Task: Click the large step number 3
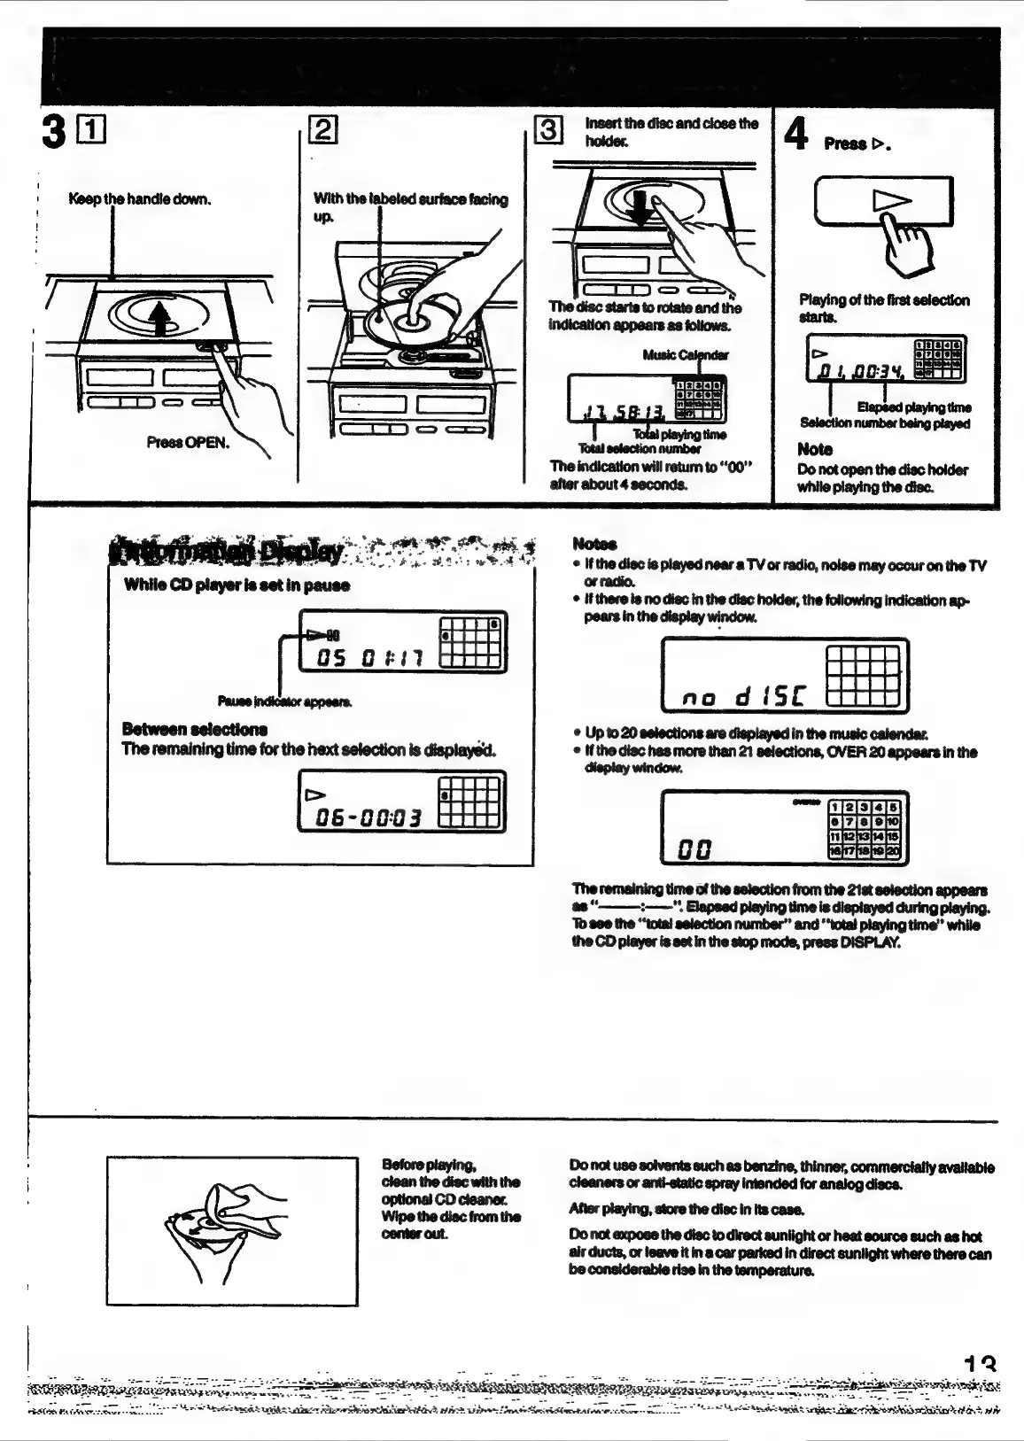pyautogui.click(x=54, y=133)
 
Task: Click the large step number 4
pyautogui.click(x=796, y=135)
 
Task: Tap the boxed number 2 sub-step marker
pyautogui.click(x=322, y=130)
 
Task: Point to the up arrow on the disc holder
pyautogui.click(x=160, y=318)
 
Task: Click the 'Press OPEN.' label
pyautogui.click(x=188, y=442)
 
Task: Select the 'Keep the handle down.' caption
pyautogui.click(x=140, y=198)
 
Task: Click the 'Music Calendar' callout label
pyautogui.click(x=686, y=355)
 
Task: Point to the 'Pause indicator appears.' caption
pyautogui.click(x=284, y=701)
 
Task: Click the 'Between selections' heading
pyautogui.click(x=195, y=729)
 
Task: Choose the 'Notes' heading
pyautogui.click(x=594, y=544)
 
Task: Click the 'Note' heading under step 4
pyautogui.click(x=814, y=449)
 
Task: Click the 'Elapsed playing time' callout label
pyautogui.click(x=913, y=407)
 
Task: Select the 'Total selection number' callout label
pyautogui.click(x=639, y=448)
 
